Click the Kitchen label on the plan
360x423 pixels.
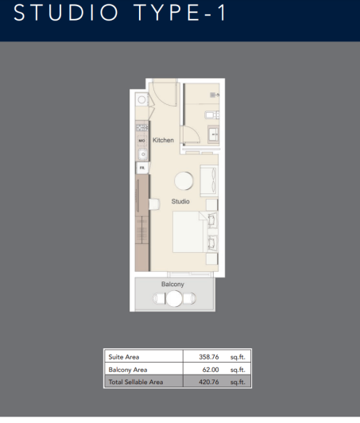click(164, 140)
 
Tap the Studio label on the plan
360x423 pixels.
click(180, 202)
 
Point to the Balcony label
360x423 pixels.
click(172, 284)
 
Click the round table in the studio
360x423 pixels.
click(184, 180)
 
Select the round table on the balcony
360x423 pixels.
click(173, 299)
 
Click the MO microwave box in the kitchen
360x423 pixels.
click(142, 142)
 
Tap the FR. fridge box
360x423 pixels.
click(142, 168)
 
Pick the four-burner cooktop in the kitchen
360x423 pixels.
click(141, 127)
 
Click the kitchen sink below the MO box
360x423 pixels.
click(142, 154)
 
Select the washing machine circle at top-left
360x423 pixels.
click(141, 100)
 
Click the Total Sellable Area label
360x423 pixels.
click(136, 382)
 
